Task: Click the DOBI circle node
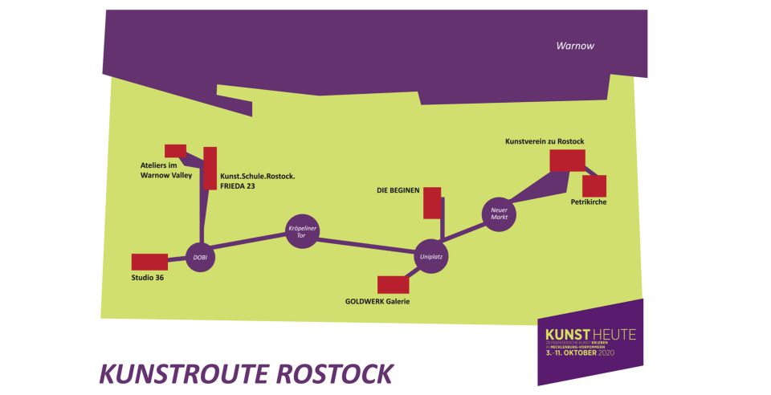click(200, 258)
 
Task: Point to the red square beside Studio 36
click(149, 262)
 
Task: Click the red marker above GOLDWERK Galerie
click(394, 284)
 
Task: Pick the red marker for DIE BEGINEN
click(432, 202)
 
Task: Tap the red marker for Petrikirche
click(594, 185)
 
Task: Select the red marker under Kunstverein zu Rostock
click(568, 160)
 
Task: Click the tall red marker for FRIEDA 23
click(210, 168)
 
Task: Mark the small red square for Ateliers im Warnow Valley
click(175, 150)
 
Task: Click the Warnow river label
click(575, 46)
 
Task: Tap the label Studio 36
click(148, 279)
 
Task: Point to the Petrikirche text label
click(589, 202)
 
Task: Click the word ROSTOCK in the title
click(329, 374)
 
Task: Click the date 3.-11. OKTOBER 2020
click(590, 352)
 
